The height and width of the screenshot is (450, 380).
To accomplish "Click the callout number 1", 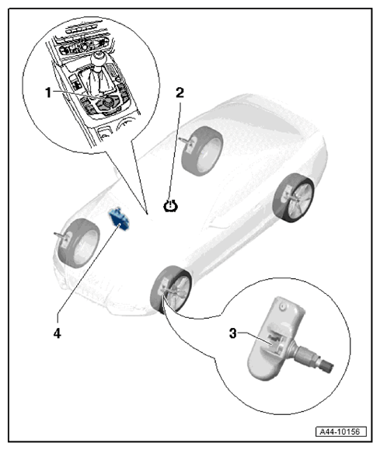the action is point(48,92).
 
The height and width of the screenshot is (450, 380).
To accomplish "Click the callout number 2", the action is point(180,92).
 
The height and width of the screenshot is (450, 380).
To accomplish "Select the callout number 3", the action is point(233,333).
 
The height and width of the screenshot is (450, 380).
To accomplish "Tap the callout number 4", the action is point(57,333).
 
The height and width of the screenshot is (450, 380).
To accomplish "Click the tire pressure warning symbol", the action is point(170,206).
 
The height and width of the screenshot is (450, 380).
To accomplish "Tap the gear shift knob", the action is point(98,58).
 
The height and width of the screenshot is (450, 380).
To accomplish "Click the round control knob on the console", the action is point(108,101).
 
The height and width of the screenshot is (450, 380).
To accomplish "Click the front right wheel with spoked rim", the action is point(171,289).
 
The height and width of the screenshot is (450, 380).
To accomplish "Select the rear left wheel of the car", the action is point(202,151).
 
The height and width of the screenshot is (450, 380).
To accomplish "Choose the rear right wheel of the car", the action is point(293,198).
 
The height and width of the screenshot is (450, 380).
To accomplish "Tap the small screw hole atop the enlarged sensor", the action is point(283,306).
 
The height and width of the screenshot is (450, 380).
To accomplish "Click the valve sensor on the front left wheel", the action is point(63,237).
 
